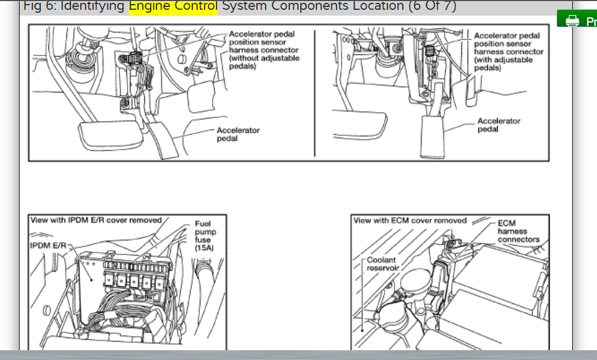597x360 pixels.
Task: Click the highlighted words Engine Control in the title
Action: (x=173, y=6)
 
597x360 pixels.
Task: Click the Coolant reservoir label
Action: (x=382, y=264)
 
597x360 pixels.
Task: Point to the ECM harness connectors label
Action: (x=518, y=231)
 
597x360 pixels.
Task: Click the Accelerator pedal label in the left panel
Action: (x=238, y=135)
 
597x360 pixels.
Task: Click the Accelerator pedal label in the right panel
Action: (x=498, y=125)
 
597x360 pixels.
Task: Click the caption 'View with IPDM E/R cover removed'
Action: (x=96, y=220)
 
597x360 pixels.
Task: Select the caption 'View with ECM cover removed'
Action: (x=410, y=220)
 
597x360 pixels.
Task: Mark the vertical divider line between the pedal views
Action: (x=315, y=92)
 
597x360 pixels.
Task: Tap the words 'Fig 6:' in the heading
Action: (x=42, y=6)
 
